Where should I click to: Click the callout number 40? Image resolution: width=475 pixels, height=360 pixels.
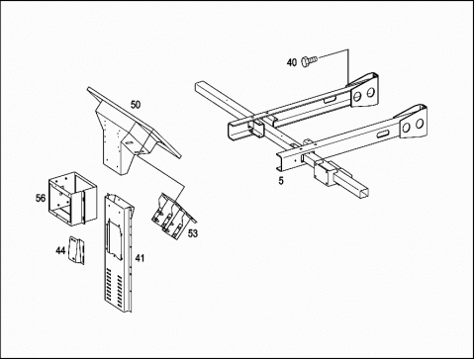click(x=292, y=62)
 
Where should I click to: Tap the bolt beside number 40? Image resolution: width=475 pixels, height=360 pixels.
click(x=309, y=60)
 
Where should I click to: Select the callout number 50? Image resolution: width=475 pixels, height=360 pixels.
click(x=136, y=105)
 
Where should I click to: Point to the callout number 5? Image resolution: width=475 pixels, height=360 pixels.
click(x=281, y=181)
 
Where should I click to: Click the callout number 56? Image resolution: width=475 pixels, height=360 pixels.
click(x=41, y=198)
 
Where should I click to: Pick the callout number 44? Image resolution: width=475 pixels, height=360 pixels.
click(x=60, y=251)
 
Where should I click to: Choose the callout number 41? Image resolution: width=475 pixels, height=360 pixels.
click(x=140, y=258)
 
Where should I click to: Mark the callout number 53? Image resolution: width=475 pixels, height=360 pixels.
click(x=193, y=233)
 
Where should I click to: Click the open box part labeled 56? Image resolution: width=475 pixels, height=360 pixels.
click(x=73, y=199)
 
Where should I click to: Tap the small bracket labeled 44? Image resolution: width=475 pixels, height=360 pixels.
click(x=76, y=250)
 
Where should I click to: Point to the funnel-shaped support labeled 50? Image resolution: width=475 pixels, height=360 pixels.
click(x=132, y=132)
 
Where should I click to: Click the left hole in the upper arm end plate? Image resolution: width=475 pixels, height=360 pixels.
click(x=357, y=96)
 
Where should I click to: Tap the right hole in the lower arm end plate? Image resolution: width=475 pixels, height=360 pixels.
click(x=420, y=124)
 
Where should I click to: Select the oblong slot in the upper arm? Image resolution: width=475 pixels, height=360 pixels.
click(x=331, y=99)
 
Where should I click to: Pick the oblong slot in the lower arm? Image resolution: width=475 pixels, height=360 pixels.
click(x=382, y=135)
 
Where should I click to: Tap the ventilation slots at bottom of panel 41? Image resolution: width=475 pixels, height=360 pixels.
click(x=114, y=286)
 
